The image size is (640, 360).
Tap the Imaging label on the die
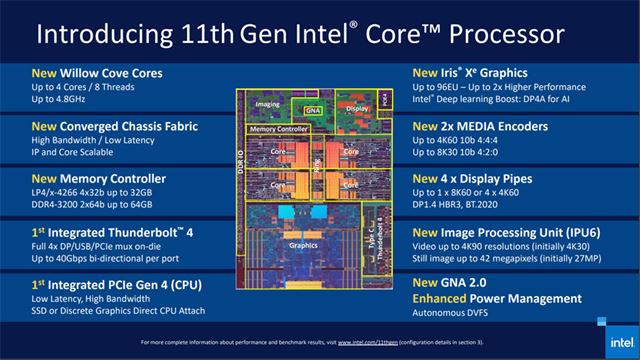267,104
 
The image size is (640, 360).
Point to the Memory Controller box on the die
279,130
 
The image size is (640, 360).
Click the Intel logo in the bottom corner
610,323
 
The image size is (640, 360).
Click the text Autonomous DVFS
458,314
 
